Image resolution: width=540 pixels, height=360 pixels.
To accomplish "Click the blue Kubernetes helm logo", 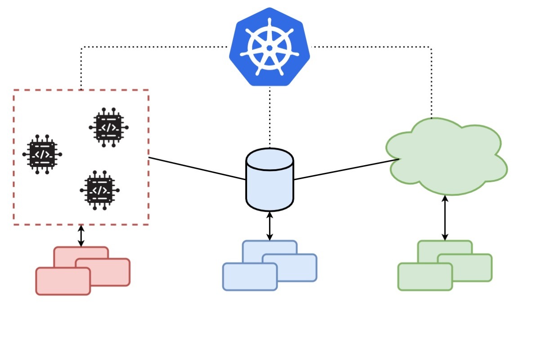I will [x=269, y=47].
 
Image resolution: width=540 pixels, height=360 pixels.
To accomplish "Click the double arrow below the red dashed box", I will [x=81, y=235].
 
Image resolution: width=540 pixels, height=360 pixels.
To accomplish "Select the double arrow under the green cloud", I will [x=445, y=218].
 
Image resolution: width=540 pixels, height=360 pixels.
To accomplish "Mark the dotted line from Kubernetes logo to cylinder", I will [x=270, y=117].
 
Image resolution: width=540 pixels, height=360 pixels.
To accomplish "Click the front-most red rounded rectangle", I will [x=63, y=281].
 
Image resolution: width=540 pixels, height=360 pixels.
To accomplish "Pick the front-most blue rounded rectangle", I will [x=250, y=276].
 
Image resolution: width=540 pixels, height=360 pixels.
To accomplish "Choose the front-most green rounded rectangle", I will [x=425, y=276].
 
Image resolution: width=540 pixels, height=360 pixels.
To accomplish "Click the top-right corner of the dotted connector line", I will [x=431, y=47].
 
